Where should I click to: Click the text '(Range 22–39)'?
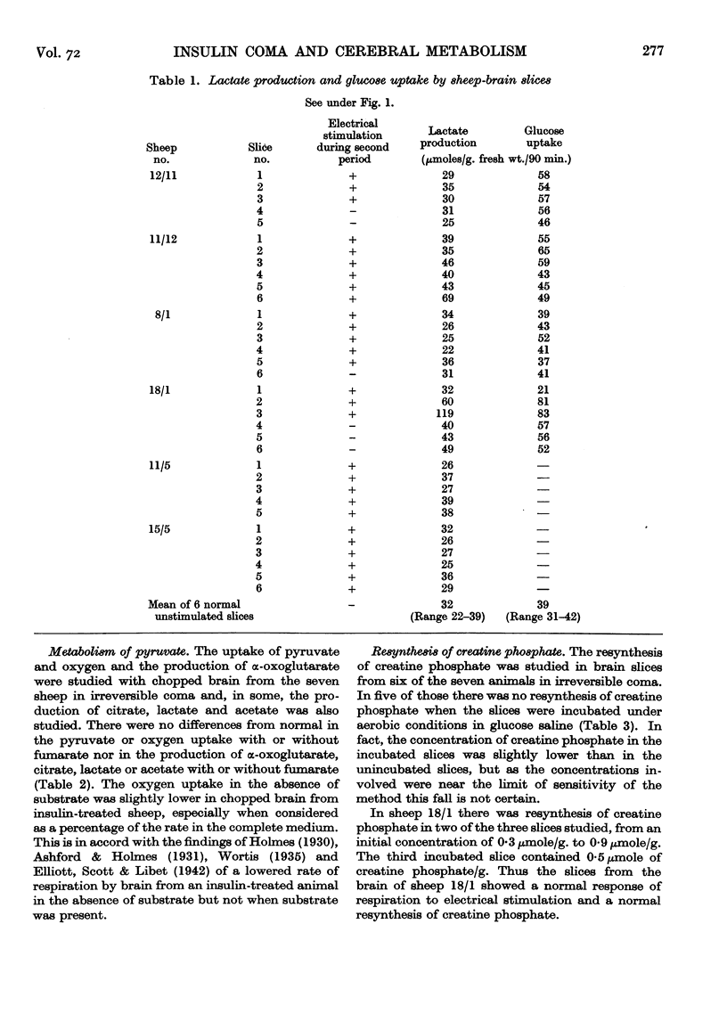pos(445,615)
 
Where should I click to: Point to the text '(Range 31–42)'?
pos(536,615)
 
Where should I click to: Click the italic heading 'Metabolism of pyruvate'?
pos(118,652)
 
